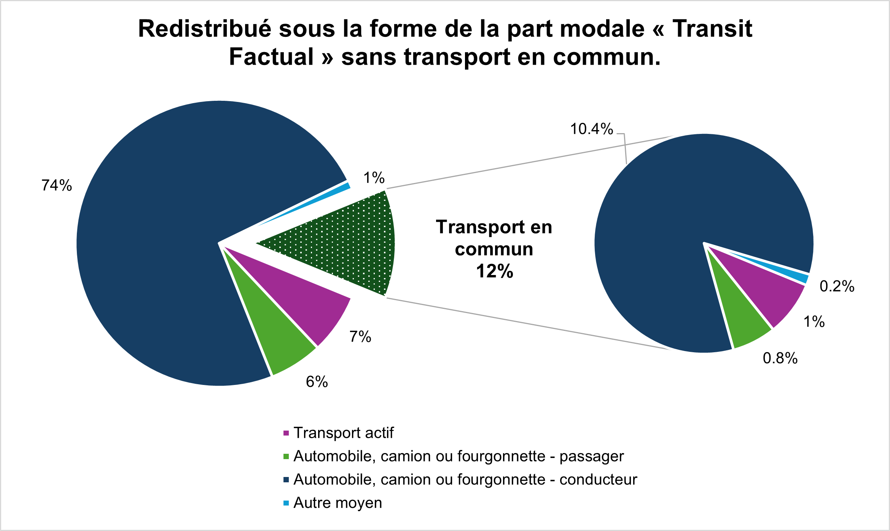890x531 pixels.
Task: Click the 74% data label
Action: [x=57, y=186]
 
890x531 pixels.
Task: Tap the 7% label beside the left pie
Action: [x=360, y=337]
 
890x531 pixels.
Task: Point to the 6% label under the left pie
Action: [x=317, y=382]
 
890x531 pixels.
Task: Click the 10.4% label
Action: [x=591, y=129]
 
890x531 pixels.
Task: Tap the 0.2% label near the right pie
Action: [x=837, y=286]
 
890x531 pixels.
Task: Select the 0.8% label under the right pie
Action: [x=780, y=358]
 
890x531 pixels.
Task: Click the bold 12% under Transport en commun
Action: [x=494, y=271]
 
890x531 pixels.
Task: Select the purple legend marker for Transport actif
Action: [x=286, y=433]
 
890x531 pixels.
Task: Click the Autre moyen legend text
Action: [x=338, y=503]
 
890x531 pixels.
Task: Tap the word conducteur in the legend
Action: [x=598, y=480]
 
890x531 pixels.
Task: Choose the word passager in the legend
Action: [x=591, y=456]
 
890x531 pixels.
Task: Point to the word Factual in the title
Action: [x=271, y=57]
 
